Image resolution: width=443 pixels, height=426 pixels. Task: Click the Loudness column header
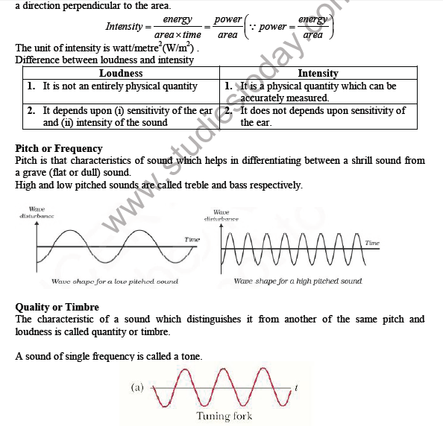tap(121, 74)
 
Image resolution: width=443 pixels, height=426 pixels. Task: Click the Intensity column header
tap(318, 74)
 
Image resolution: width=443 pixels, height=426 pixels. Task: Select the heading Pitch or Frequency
tap(59, 148)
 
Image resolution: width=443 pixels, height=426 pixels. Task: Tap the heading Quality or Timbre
tap(57, 307)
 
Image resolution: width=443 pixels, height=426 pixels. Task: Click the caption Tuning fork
tap(224, 416)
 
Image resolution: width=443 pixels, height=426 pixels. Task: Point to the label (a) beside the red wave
tap(136, 387)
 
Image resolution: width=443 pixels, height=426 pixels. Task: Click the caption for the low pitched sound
tap(115, 282)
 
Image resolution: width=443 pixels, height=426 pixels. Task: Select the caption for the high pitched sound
tap(298, 282)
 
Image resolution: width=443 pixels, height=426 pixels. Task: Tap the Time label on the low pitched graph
tap(192, 239)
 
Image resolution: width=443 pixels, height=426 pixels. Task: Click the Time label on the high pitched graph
tap(372, 243)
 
